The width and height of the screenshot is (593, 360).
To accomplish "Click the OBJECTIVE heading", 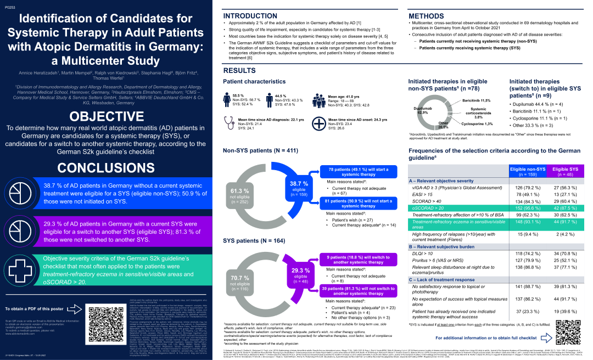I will click(110, 116).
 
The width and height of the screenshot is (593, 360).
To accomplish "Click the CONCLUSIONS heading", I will click(110, 168).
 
